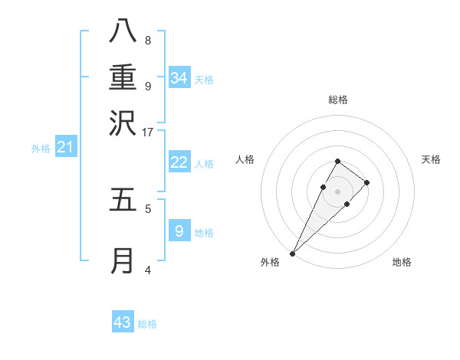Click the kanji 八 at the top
tap(122, 31)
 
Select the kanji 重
tap(122, 77)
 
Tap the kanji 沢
tap(122, 123)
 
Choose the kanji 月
tap(122, 260)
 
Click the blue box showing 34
tap(179, 78)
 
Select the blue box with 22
tap(179, 162)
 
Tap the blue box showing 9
tap(179, 231)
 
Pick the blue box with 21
tap(66, 147)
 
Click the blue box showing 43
tap(123, 322)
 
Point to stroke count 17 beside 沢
tap(147, 132)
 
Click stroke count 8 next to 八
tap(147, 40)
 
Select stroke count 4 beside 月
tap(147, 270)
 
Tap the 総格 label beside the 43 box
tap(147, 324)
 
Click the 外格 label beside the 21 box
tap(41, 149)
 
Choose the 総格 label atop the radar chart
tap(338, 100)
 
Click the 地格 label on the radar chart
tap(402, 262)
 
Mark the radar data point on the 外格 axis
tap(293, 253)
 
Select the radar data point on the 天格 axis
tap(367, 182)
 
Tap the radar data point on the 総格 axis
tap(338, 161)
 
